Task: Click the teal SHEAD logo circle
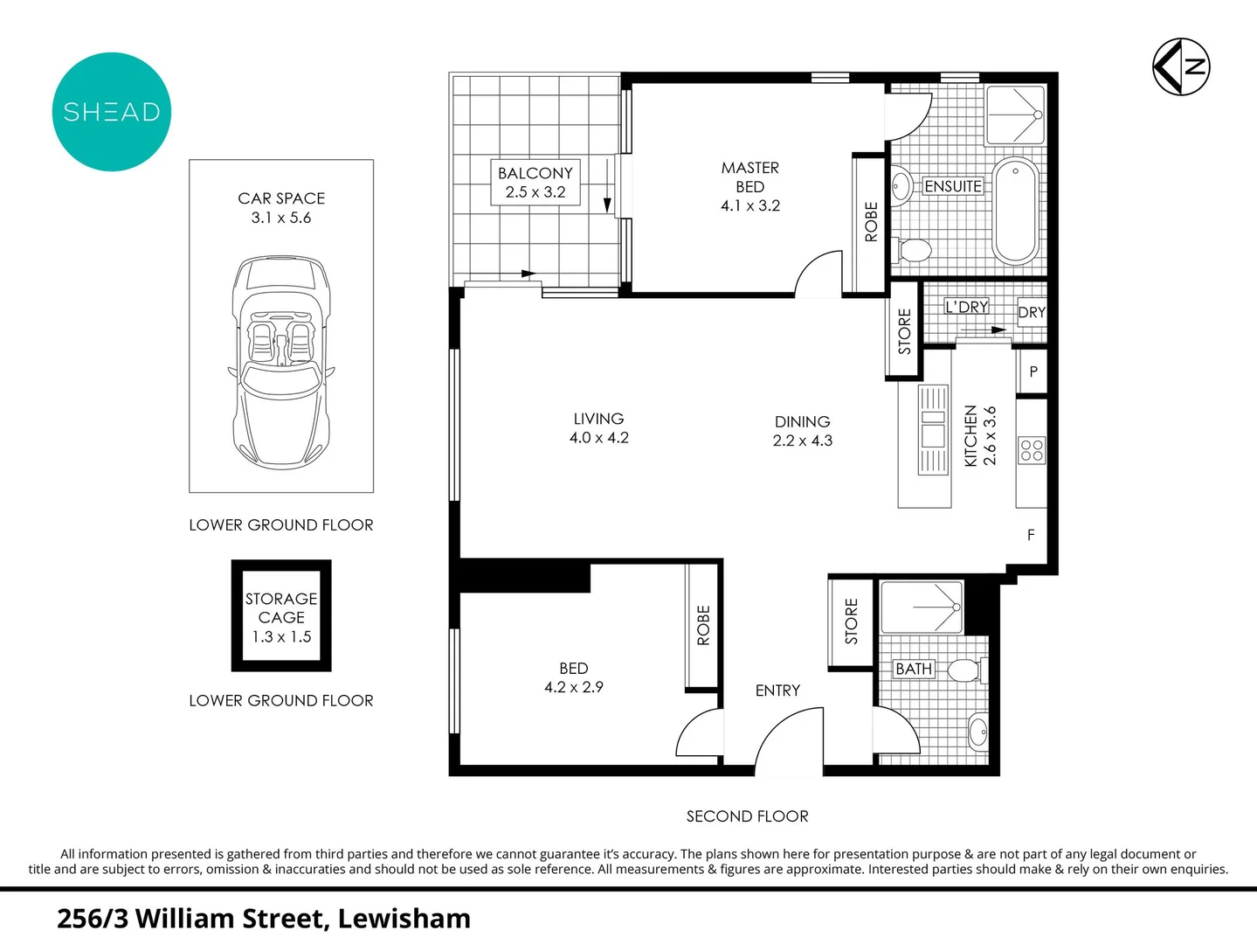[112, 112]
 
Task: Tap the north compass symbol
[1181, 66]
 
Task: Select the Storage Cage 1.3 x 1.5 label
[281, 617]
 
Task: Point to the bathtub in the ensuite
[1016, 211]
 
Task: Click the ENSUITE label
[952, 186]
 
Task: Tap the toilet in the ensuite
[914, 251]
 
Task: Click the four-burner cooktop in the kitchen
[1032, 450]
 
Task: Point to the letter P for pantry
[1033, 371]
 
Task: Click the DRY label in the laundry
[1032, 312]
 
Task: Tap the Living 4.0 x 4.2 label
[598, 428]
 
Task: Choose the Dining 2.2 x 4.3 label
[802, 431]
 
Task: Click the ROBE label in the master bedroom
[871, 222]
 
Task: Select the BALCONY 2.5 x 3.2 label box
[535, 182]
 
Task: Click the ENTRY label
[777, 691]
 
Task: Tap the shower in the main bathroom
[922, 607]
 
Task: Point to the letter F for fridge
[1031, 535]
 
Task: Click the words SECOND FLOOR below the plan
[747, 816]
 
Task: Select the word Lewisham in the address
[404, 919]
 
